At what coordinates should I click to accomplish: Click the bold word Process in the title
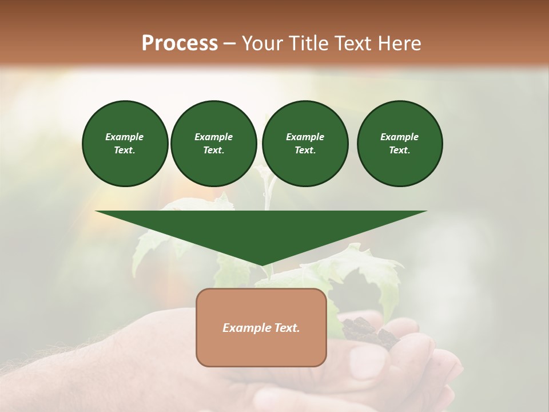pyautogui.click(x=180, y=43)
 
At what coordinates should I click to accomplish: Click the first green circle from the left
pyautogui.click(x=125, y=144)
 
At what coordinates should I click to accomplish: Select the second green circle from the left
pyautogui.click(x=213, y=144)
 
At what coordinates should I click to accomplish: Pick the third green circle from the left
pyautogui.click(x=305, y=144)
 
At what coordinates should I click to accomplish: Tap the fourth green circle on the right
pyautogui.click(x=399, y=144)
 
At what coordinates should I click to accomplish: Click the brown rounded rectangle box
pyautogui.click(x=261, y=343)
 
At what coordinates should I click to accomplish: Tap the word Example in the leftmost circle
pyautogui.click(x=125, y=137)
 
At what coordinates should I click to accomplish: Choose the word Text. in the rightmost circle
pyautogui.click(x=399, y=150)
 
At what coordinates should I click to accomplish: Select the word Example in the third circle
pyautogui.click(x=305, y=137)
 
